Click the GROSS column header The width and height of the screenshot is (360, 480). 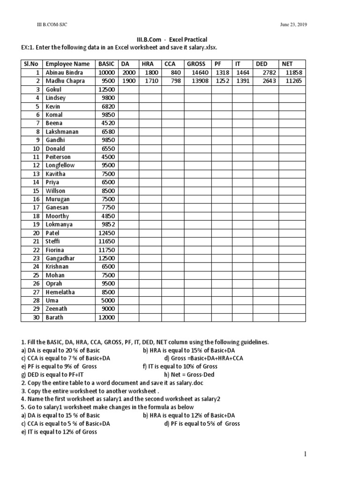(196, 64)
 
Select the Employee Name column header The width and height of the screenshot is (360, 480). (67, 64)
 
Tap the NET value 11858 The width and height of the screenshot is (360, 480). (293, 73)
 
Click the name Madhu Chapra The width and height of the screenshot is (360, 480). (65, 81)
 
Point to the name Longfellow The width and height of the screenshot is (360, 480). (60, 165)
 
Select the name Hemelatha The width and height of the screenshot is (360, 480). (61, 292)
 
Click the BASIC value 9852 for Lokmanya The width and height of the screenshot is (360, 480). (107, 225)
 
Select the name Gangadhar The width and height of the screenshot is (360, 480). (60, 258)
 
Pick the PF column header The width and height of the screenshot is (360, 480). (218, 64)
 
